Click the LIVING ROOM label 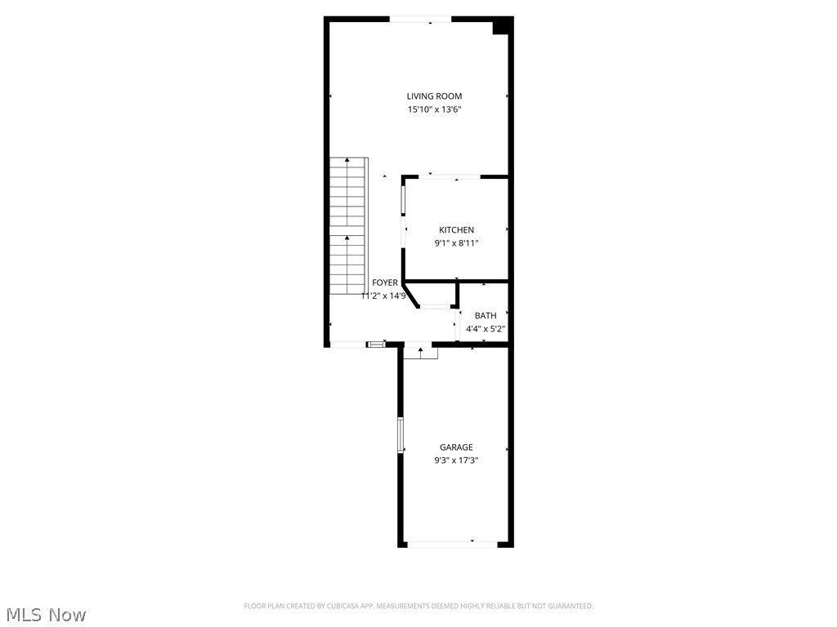coord(434,96)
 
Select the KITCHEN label coord(456,230)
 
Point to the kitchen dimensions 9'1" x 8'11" coord(456,242)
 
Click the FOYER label coord(385,282)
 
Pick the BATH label coord(486,316)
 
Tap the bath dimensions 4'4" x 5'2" coord(486,329)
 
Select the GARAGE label coord(456,447)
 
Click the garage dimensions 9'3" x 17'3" coord(456,460)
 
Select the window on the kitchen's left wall coord(403,201)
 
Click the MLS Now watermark coord(46,614)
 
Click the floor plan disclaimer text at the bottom coord(418,606)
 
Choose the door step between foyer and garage coord(420,352)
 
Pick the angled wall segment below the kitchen coord(412,295)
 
